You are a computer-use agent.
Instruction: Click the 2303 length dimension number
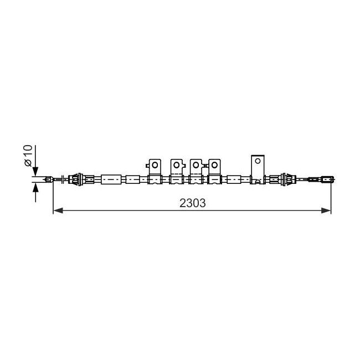[x=192, y=203]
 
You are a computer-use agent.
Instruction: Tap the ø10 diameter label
[x=28, y=156]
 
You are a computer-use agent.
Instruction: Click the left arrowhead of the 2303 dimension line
[x=58, y=210]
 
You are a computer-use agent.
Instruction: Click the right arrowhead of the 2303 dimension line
[x=326, y=210]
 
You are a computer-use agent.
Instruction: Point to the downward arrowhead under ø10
[x=35, y=171]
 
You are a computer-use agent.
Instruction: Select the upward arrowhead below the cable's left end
[x=35, y=188]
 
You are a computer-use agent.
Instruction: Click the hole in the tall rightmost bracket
[x=258, y=161]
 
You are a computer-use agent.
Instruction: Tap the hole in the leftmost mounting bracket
[x=155, y=165]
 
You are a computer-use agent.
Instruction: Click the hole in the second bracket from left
[x=176, y=165]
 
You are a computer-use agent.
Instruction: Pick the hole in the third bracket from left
[x=196, y=165]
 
